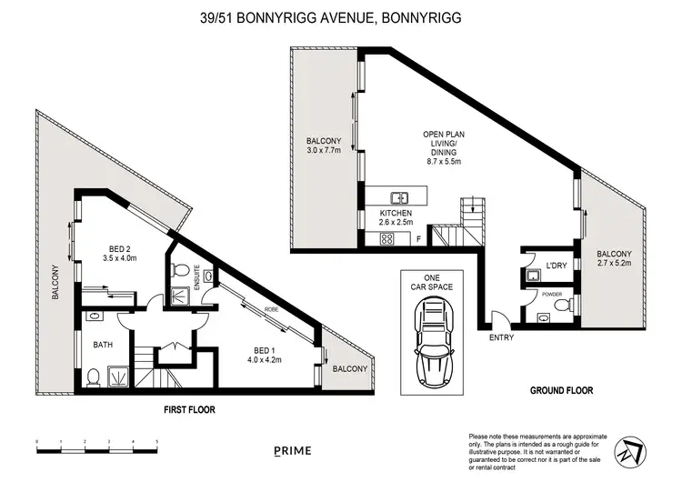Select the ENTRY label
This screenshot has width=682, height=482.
coord(500,337)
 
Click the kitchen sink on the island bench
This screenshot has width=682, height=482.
coord(398,196)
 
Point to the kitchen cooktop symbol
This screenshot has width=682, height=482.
coord(386,239)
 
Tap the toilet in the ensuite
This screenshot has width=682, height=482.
coord(181,269)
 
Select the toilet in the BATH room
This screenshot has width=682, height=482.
coord(94,377)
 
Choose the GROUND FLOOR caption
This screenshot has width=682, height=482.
coord(561,390)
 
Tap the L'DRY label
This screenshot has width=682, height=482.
coord(556,266)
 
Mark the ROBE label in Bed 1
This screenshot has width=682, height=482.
coord(270,309)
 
